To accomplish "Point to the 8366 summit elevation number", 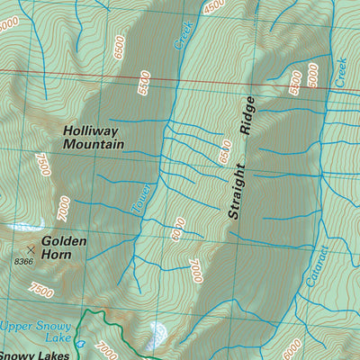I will (x=23, y=261).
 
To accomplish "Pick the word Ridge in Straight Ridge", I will (x=248, y=117).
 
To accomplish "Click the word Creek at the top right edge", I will (x=341, y=72).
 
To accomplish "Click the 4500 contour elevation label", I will (x=213, y=6).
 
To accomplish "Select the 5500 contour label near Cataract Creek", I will (x=294, y=83).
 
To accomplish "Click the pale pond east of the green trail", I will (x=157, y=332).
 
